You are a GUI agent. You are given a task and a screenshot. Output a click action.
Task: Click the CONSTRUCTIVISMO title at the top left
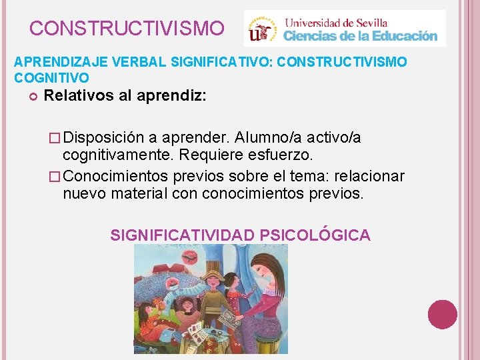[127, 29]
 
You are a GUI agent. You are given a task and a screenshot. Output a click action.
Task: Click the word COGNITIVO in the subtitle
[51, 79]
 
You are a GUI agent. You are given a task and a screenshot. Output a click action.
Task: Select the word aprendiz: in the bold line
[171, 95]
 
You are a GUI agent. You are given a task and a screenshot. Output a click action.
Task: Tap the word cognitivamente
[117, 155]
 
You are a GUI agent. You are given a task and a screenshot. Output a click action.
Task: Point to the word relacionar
[371, 176]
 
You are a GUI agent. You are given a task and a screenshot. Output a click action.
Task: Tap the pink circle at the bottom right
[442, 314]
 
